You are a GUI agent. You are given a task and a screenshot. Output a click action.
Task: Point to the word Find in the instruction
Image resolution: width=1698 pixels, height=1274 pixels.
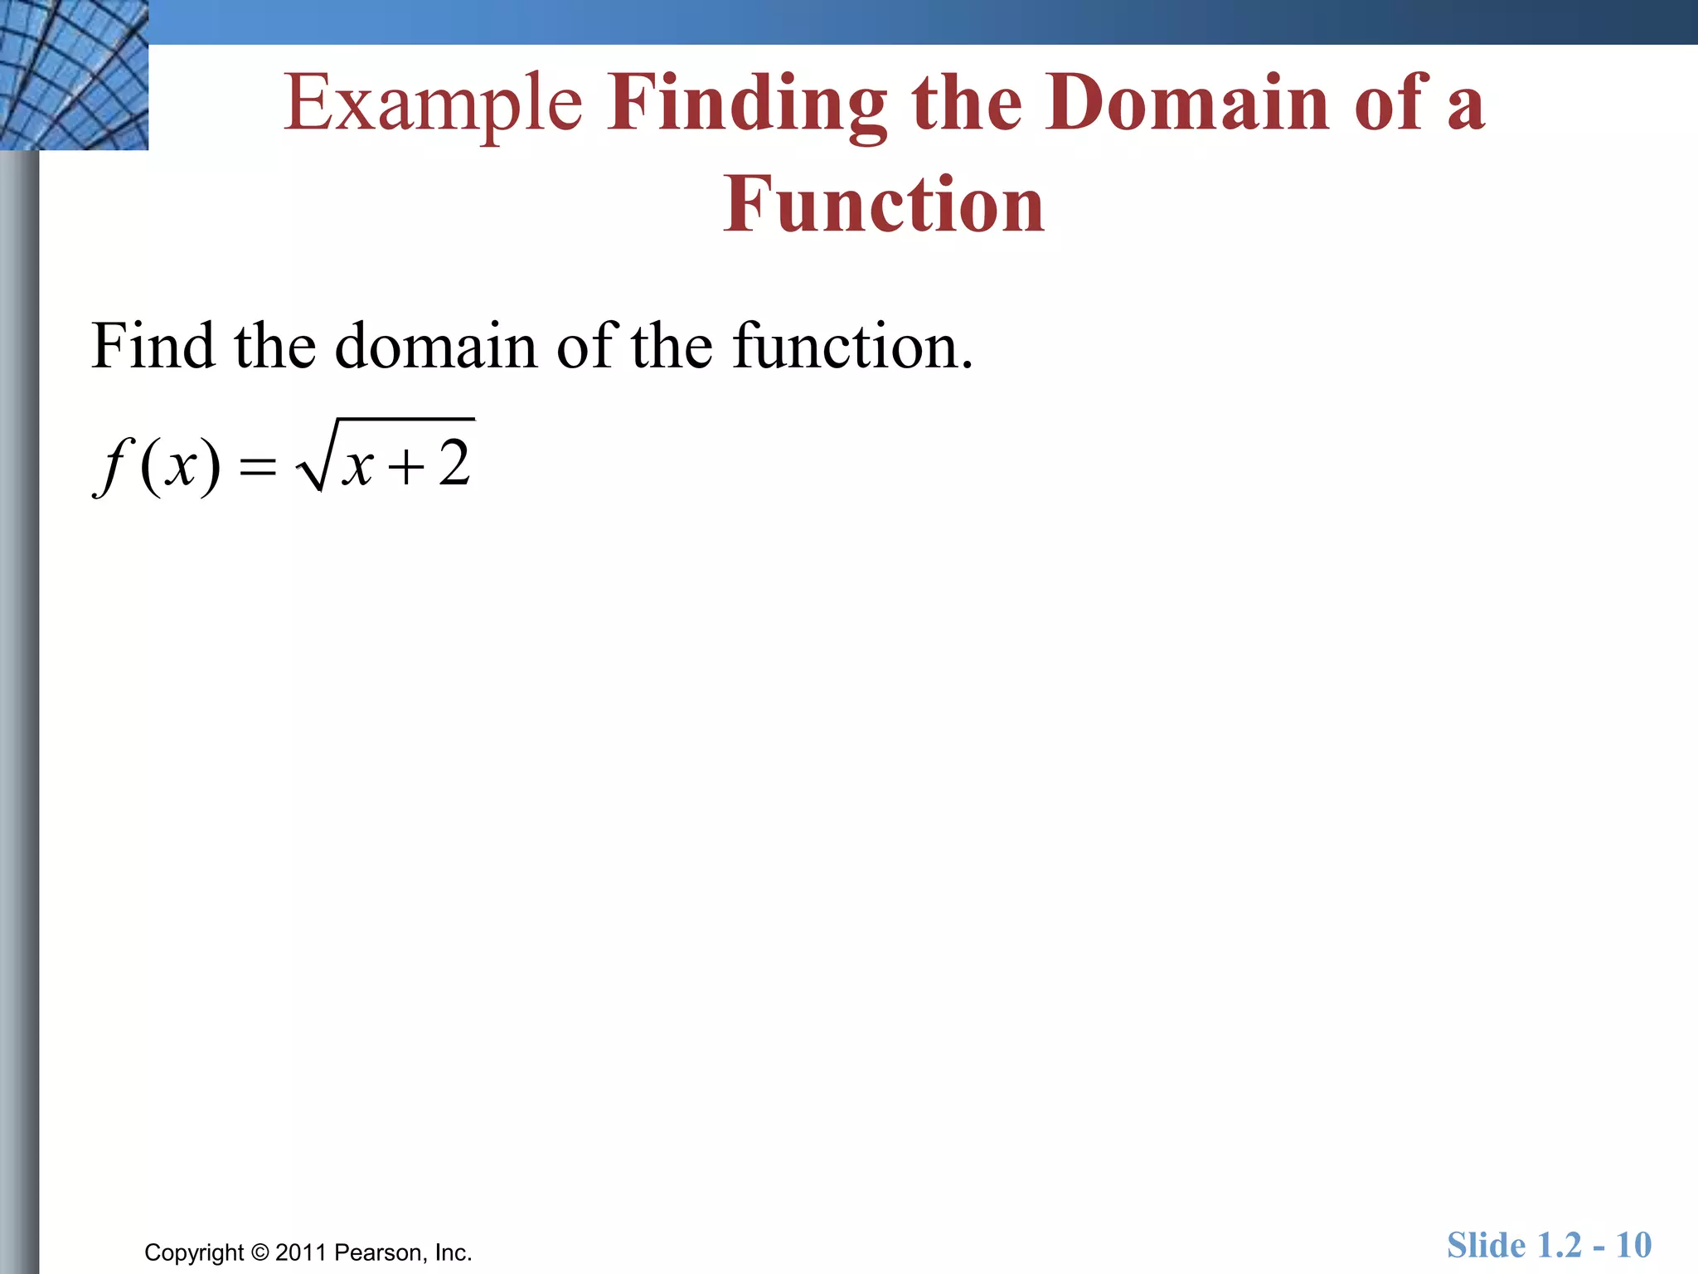coord(153,345)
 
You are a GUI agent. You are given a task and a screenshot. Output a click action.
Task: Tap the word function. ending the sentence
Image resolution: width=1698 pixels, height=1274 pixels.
coord(852,345)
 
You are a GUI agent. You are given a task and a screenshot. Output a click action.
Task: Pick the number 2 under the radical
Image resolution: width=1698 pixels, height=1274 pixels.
coord(454,463)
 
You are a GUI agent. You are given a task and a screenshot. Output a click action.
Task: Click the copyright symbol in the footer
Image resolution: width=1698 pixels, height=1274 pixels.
coord(260,1252)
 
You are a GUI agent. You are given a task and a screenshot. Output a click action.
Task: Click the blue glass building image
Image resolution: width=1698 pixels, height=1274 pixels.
coord(74,75)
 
